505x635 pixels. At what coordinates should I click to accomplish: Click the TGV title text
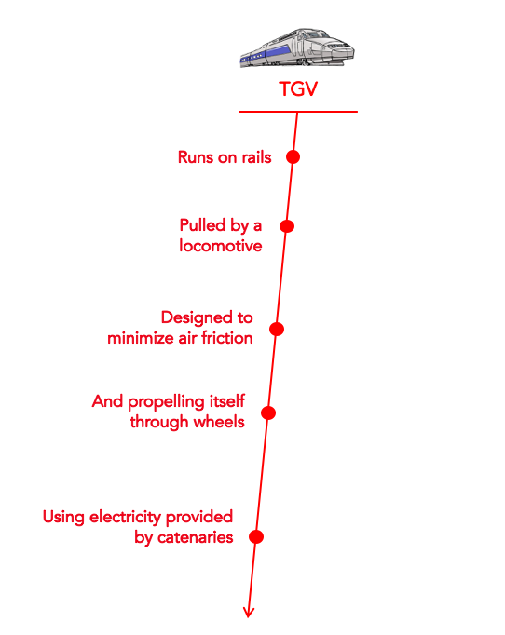[298, 89]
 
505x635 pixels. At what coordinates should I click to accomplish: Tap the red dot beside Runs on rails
[293, 156]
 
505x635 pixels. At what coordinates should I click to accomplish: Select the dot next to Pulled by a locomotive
[287, 226]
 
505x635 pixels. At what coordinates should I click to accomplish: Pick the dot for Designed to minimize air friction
[277, 329]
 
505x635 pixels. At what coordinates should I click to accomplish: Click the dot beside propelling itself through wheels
[268, 412]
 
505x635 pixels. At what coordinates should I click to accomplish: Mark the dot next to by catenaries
[256, 536]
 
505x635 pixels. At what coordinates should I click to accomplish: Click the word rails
[256, 157]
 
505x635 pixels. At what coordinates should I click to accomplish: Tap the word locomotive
[221, 246]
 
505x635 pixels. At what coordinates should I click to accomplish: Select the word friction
[227, 338]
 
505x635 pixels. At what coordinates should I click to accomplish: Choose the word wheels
[219, 422]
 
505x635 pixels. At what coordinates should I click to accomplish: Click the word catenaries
[196, 537]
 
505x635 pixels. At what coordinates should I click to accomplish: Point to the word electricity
[125, 517]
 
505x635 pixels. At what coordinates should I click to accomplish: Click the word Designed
[196, 318]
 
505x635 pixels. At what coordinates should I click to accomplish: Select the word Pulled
[202, 225]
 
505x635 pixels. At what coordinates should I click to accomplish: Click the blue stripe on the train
[267, 55]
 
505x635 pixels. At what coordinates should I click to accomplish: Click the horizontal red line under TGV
[298, 112]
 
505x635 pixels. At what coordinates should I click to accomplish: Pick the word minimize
[141, 338]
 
